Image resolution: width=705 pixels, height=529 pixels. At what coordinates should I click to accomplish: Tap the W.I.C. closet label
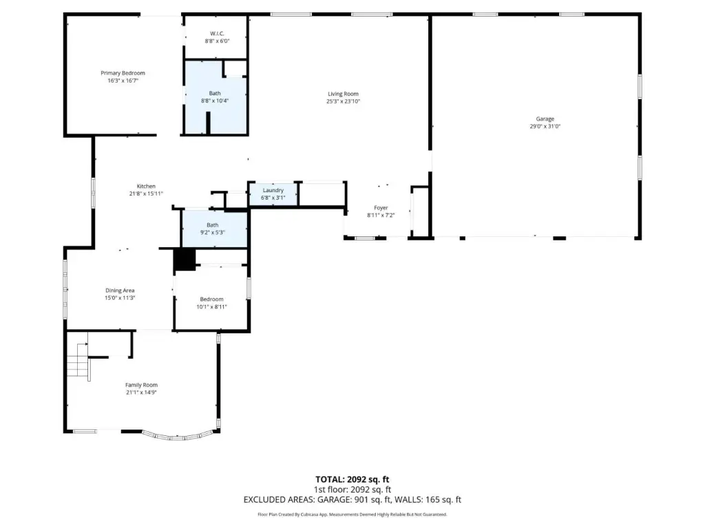click(217, 33)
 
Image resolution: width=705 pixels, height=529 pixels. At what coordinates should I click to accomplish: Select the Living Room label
click(343, 94)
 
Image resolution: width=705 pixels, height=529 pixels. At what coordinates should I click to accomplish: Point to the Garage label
click(545, 118)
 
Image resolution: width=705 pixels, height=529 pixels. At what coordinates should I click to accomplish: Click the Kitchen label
click(146, 186)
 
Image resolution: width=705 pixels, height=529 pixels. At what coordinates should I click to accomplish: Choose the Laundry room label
click(273, 190)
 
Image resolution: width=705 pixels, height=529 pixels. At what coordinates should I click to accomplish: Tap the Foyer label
click(381, 208)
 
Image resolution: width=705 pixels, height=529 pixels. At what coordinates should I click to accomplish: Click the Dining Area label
click(120, 291)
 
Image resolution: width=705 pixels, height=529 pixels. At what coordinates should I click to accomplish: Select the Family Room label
click(141, 385)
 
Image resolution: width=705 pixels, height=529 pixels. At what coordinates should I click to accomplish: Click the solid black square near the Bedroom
click(185, 260)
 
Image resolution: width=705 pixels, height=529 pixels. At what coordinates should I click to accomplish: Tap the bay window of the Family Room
click(178, 435)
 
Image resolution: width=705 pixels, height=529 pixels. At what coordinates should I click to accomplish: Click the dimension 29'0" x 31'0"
click(545, 127)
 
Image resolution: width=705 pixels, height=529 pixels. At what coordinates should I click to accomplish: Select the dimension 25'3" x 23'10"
click(343, 101)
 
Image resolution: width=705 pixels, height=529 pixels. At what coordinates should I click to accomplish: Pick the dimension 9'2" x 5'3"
click(213, 233)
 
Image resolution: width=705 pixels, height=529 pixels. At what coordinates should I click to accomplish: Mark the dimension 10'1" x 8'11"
click(212, 307)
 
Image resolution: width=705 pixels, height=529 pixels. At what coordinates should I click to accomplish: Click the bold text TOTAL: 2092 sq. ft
click(352, 479)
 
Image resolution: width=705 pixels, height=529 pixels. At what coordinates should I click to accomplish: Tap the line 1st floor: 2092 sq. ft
click(352, 490)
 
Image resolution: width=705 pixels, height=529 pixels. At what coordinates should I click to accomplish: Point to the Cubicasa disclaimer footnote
click(352, 514)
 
